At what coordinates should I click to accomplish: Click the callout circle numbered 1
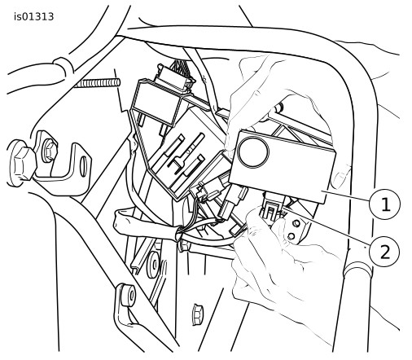click(384, 204)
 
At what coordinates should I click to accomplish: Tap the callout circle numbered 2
click(384, 252)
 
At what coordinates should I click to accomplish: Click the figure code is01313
click(34, 17)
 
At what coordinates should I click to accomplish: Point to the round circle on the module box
click(252, 152)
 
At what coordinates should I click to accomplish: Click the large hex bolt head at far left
click(22, 164)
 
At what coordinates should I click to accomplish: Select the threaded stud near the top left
click(97, 83)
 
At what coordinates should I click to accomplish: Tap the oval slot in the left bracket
click(84, 165)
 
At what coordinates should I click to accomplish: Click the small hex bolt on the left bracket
click(49, 150)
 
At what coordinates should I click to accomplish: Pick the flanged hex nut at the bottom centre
click(197, 314)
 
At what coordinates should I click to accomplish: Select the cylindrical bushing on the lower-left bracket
click(127, 295)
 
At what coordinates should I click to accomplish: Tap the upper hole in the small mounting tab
click(296, 223)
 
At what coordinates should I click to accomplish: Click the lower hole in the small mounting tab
click(291, 236)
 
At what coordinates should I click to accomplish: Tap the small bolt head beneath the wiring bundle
click(184, 247)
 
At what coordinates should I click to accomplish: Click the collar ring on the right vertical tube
click(357, 270)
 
